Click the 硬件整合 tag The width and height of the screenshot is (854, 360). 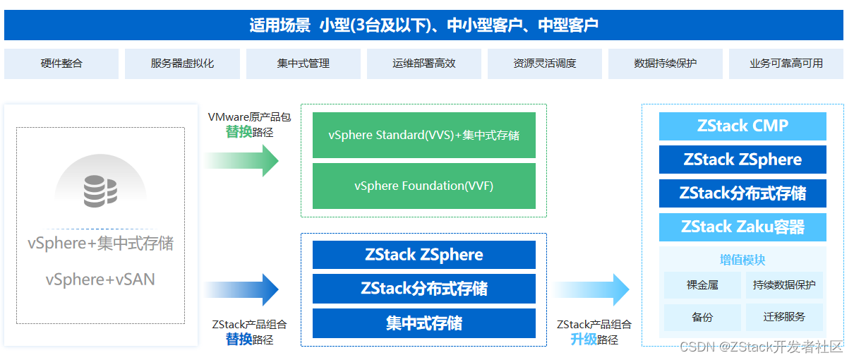tap(61, 64)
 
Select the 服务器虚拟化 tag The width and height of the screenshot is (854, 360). tap(182, 64)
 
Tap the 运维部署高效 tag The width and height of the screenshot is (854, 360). tap(423, 64)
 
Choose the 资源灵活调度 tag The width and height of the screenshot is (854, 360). tap(544, 64)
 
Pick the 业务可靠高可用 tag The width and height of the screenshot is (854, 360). tap(786, 64)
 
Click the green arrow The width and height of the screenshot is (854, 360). tap(243, 160)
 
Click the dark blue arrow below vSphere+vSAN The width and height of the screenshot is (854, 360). tap(243, 289)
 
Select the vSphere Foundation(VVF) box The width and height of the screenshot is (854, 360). tap(423, 186)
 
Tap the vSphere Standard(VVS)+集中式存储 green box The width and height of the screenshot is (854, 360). tap(423, 135)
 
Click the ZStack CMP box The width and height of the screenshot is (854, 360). tap(742, 126)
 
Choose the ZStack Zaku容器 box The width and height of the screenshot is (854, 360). tap(742, 227)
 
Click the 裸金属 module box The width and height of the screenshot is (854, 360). tap(702, 285)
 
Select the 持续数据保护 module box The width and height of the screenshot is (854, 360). tap(783, 285)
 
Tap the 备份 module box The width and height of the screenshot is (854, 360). tap(702, 317)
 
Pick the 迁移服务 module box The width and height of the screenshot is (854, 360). tap(783, 317)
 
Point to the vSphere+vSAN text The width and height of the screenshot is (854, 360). tap(100, 280)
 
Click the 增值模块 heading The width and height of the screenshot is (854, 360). tap(742, 260)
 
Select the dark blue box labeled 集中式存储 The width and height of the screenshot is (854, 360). tap(423, 323)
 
